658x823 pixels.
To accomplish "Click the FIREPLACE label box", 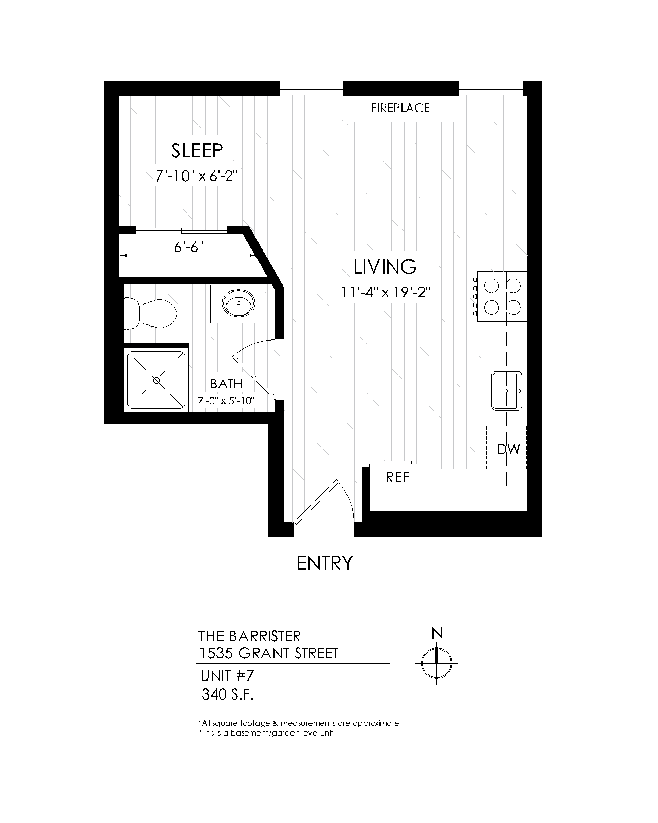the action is (x=400, y=108).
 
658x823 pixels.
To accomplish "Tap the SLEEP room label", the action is (x=196, y=151).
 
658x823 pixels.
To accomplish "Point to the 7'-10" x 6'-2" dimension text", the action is (x=196, y=176).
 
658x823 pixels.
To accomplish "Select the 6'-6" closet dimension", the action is (x=188, y=247).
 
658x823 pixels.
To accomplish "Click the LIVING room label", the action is (x=385, y=267).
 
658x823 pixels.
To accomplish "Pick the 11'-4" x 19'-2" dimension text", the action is (x=386, y=293).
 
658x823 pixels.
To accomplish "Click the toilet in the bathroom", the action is (x=151, y=314).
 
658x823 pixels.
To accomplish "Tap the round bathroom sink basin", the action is (x=238, y=303).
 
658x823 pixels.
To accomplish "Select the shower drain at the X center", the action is (x=156, y=380).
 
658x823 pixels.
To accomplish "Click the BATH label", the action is (x=226, y=384).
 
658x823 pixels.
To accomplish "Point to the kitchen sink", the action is (x=506, y=391).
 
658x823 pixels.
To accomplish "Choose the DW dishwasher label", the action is (x=508, y=449).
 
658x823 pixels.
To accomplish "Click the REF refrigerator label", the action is (x=398, y=477).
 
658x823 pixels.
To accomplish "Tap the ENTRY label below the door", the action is (x=324, y=563).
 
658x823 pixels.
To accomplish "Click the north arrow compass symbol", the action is (x=436, y=663).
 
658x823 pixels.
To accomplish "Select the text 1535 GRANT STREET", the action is (x=268, y=653).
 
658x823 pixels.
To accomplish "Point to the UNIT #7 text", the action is (x=227, y=676).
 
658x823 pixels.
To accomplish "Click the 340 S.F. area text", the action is (x=228, y=694).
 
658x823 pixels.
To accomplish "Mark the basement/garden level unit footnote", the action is (x=266, y=733).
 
